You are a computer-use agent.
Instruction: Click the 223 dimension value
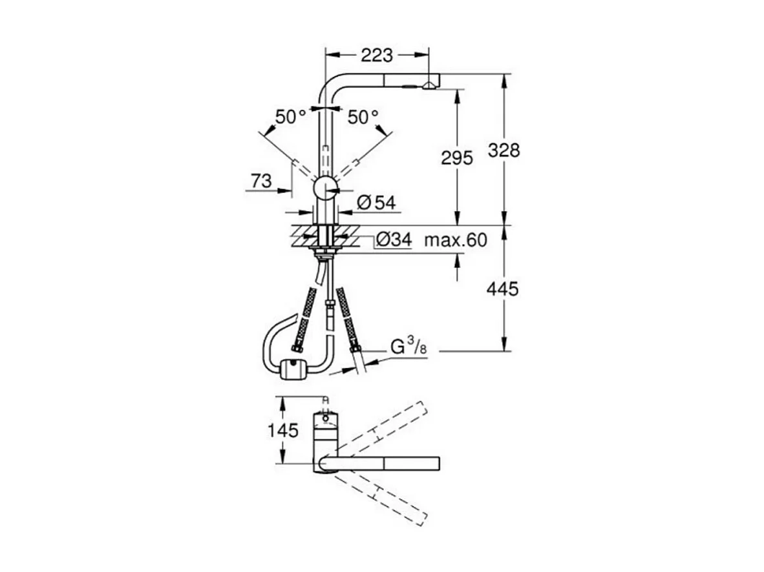377,55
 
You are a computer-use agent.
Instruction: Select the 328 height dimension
504,150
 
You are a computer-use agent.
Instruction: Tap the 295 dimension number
456,158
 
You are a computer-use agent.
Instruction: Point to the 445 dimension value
502,289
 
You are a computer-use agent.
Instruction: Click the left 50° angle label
290,117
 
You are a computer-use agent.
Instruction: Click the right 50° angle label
363,117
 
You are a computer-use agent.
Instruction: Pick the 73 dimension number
261,181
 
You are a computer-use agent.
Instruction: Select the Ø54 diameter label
376,202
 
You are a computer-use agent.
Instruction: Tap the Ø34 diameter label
394,240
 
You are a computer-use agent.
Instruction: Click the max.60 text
456,240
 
